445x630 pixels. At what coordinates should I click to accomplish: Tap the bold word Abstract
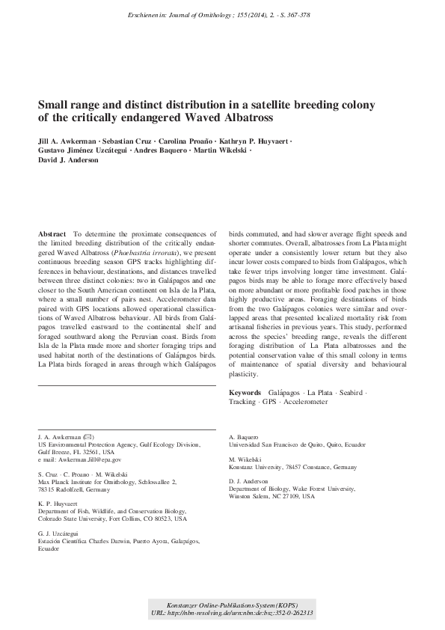(52, 234)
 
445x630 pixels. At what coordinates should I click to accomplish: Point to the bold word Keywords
(245, 392)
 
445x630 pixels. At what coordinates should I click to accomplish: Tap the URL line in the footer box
(231, 612)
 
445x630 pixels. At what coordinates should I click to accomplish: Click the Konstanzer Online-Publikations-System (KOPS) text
(231, 602)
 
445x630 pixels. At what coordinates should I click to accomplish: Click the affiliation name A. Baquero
(243, 435)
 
